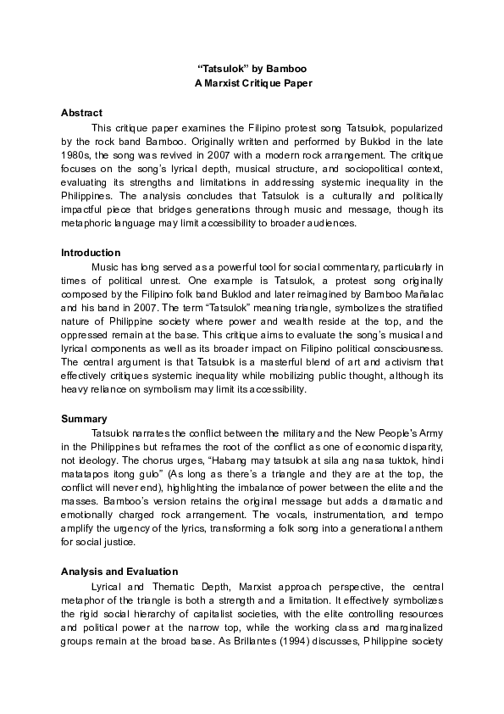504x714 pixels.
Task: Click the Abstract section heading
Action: pyautogui.click(x=82, y=113)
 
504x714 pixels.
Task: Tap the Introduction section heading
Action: pyautogui.click(x=91, y=253)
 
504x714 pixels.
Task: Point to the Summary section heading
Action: pyautogui.click(x=84, y=419)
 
